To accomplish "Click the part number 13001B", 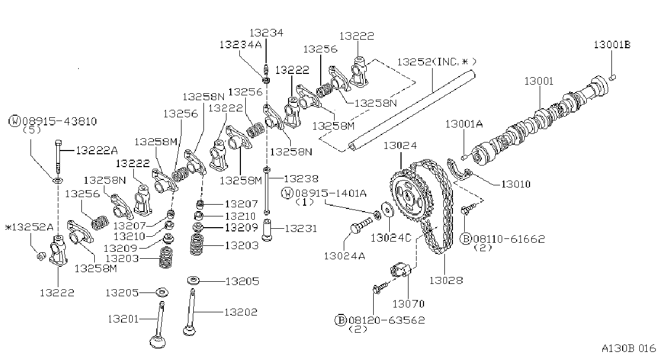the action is tap(612, 44).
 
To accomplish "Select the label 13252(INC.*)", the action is tap(437, 62).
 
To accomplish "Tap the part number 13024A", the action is tap(344, 256).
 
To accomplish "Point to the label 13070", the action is tap(409, 304).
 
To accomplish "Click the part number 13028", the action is tap(446, 280).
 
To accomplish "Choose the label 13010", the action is tap(516, 184).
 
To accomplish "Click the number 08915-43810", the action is tap(59, 121).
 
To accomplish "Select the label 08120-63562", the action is tap(387, 320).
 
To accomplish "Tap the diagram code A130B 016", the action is tap(629, 348).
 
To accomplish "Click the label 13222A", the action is tap(97, 151).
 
